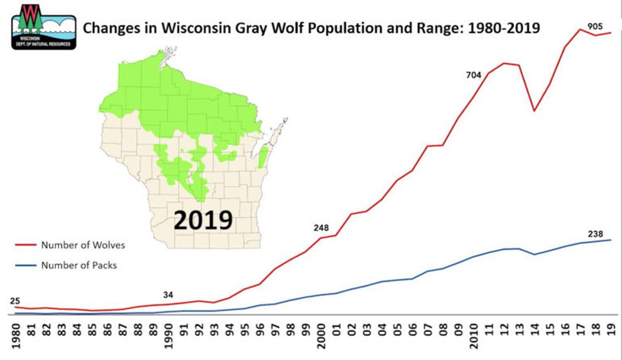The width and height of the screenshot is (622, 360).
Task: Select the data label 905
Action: click(594, 26)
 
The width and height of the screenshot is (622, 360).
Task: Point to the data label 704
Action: click(473, 75)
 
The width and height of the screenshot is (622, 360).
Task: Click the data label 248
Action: click(321, 227)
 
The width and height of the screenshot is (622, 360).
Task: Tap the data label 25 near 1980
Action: click(15, 300)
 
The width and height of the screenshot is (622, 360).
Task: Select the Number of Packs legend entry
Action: click(79, 265)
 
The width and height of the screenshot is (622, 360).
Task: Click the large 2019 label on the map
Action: click(202, 220)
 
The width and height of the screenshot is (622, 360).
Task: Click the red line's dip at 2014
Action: click(534, 111)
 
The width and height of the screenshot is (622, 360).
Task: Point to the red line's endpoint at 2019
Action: click(610, 33)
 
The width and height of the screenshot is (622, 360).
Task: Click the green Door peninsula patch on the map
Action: click(264, 158)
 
